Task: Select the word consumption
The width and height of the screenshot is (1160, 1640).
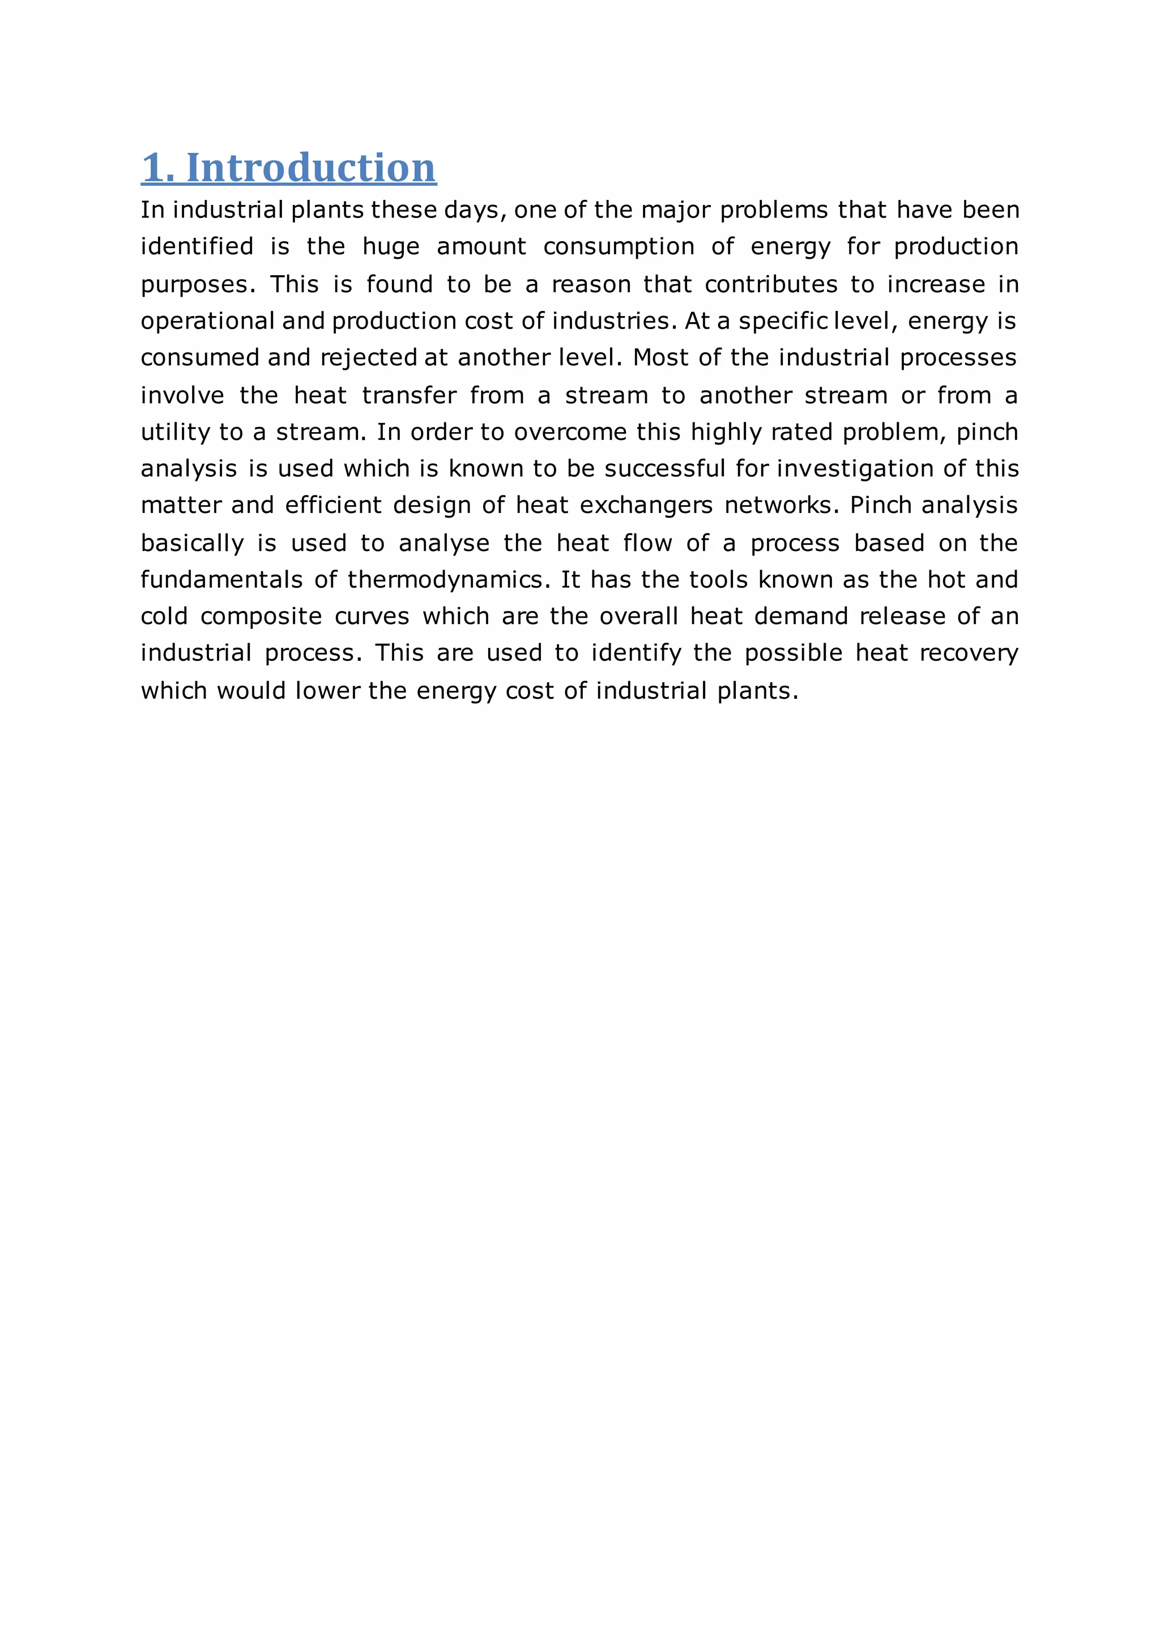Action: pos(619,246)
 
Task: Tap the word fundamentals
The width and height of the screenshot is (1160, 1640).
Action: pos(221,579)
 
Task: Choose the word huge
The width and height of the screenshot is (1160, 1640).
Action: pos(390,247)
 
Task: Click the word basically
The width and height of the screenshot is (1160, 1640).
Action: pos(192,543)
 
